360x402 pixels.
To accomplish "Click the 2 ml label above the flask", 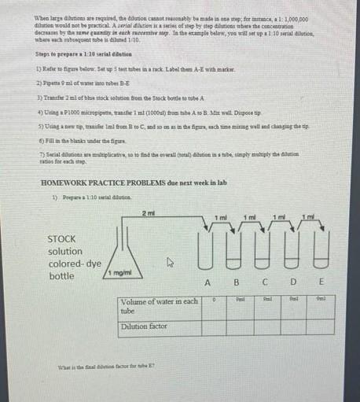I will [149, 213].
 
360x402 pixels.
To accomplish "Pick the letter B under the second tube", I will [235, 284].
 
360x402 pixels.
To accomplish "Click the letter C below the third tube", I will [266, 284].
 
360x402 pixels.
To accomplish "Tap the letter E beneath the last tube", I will [322, 284].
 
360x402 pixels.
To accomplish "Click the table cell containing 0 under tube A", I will [214, 300].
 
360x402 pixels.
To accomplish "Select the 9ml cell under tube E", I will [320, 300].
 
